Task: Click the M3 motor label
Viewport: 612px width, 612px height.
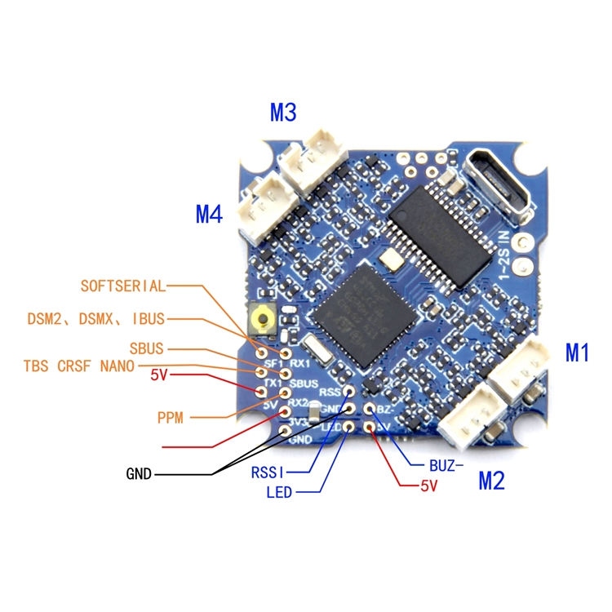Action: click(x=282, y=113)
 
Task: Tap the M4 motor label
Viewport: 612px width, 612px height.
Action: click(x=209, y=215)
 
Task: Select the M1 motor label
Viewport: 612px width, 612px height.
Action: click(x=577, y=353)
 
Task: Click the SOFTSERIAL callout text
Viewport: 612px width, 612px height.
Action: click(x=122, y=286)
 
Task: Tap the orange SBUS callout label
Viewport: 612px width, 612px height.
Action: click(x=146, y=349)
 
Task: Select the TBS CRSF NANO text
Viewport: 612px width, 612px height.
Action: click(x=78, y=366)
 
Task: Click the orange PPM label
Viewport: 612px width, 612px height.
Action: click(x=171, y=418)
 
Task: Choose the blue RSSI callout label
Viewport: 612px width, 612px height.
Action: click(x=268, y=471)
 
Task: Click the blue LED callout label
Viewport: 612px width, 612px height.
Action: click(x=279, y=492)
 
